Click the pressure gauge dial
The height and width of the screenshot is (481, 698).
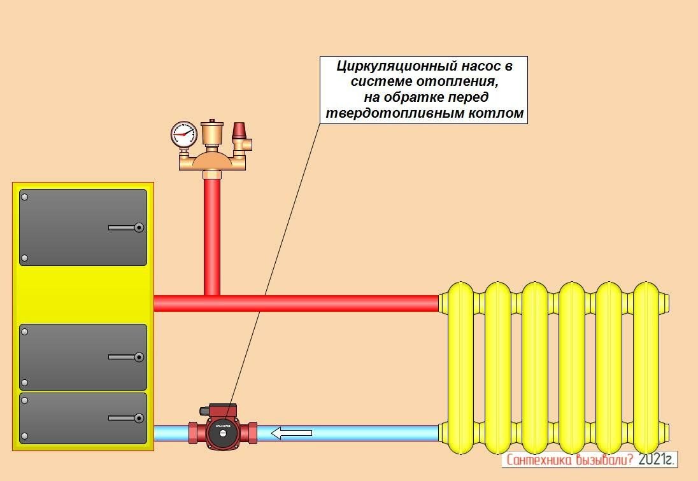pyautogui.click(x=183, y=134)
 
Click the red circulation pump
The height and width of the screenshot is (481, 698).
pyautogui.click(x=223, y=433)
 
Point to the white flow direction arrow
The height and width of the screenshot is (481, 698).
pyautogui.click(x=292, y=433)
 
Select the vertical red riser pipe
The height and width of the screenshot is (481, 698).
pyautogui.click(x=212, y=235)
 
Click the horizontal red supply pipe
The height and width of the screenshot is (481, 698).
pyautogui.click(x=318, y=303)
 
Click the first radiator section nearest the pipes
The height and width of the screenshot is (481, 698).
pyautogui.click(x=461, y=369)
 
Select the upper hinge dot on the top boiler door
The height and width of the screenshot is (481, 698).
pyautogui.click(x=25, y=197)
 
